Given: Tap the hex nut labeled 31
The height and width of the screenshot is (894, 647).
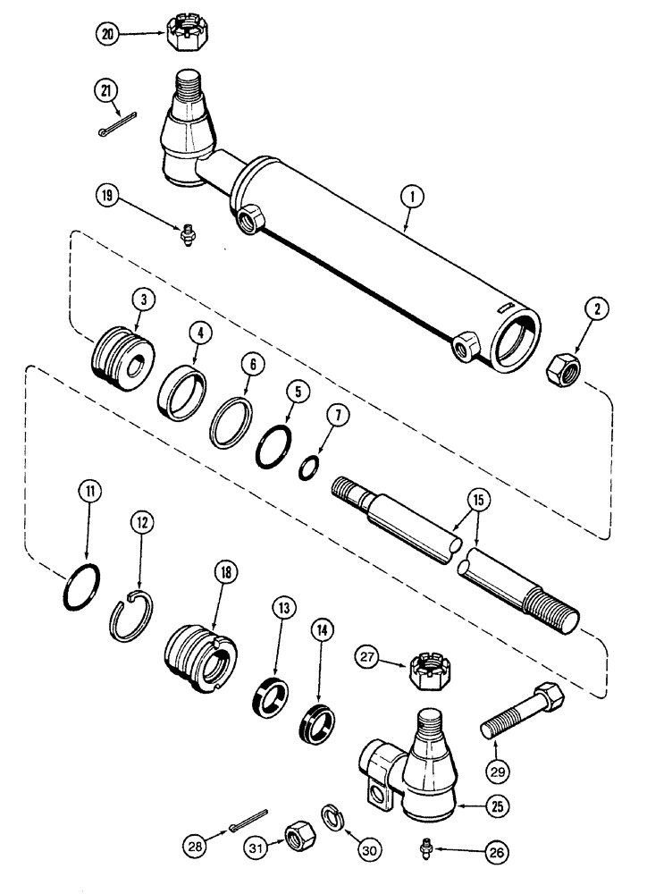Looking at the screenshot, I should [x=294, y=838].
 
